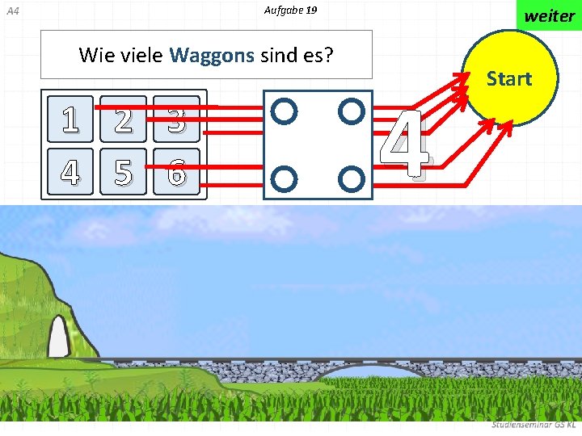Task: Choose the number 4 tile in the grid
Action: click(71, 171)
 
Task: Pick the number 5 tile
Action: click(123, 171)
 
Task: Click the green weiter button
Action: click(549, 15)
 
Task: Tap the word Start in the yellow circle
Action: click(508, 79)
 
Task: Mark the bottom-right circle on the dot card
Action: click(349, 176)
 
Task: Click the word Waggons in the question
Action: click(213, 55)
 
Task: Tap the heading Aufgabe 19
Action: click(290, 10)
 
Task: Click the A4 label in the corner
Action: click(12, 11)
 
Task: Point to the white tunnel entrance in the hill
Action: click(58, 337)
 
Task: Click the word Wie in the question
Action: click(96, 55)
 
